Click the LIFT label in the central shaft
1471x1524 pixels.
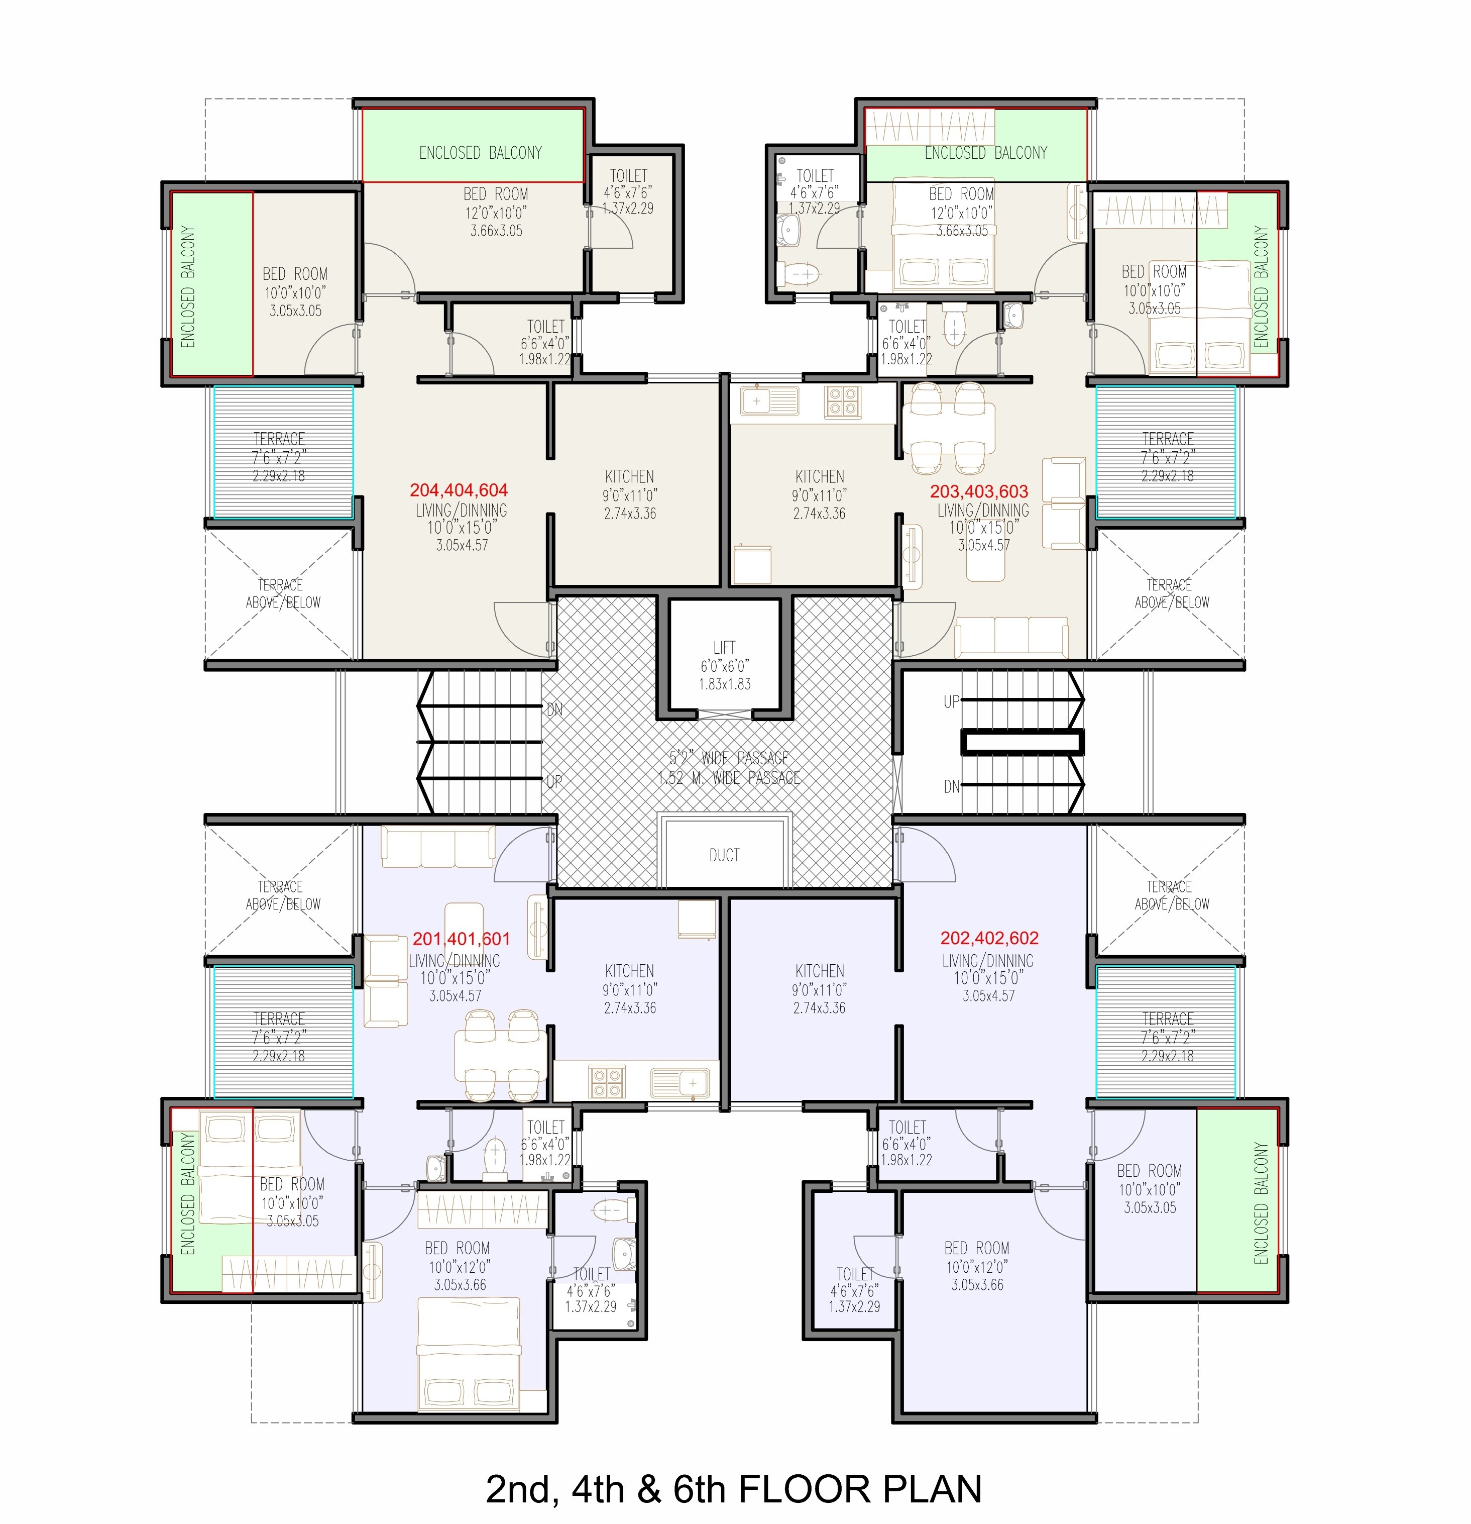(724, 647)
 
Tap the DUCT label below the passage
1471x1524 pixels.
(724, 855)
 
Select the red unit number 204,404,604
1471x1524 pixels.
(459, 490)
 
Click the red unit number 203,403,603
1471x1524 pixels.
(979, 491)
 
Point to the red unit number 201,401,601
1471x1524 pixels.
(462, 939)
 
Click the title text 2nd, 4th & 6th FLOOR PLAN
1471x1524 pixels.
(734, 1488)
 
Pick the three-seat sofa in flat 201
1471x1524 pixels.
(437, 846)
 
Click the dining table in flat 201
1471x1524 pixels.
(501, 1055)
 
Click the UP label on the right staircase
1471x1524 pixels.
(951, 701)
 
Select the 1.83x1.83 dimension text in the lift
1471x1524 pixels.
(724, 684)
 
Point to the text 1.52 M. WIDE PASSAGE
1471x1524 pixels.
(729, 777)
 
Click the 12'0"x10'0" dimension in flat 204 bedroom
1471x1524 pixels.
(496, 212)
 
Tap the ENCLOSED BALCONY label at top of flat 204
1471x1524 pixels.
(480, 152)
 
